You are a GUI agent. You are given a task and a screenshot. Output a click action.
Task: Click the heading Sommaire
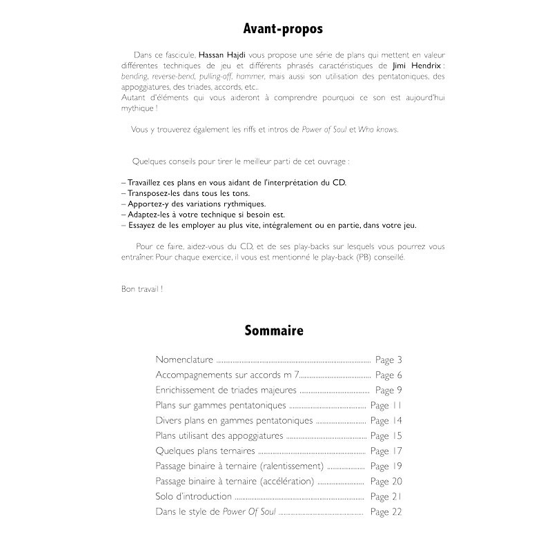click(273, 331)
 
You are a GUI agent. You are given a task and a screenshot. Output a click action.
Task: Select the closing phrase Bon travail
click(141, 288)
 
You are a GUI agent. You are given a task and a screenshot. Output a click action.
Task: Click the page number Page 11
click(386, 406)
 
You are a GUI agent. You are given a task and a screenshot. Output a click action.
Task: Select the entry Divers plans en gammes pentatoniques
click(234, 421)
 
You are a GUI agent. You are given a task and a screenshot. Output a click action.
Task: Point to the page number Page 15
click(386, 436)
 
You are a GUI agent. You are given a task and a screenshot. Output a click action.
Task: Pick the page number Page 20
click(386, 482)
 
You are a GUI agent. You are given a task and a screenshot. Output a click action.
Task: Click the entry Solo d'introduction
click(194, 497)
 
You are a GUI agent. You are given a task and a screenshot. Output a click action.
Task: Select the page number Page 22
click(386, 512)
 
